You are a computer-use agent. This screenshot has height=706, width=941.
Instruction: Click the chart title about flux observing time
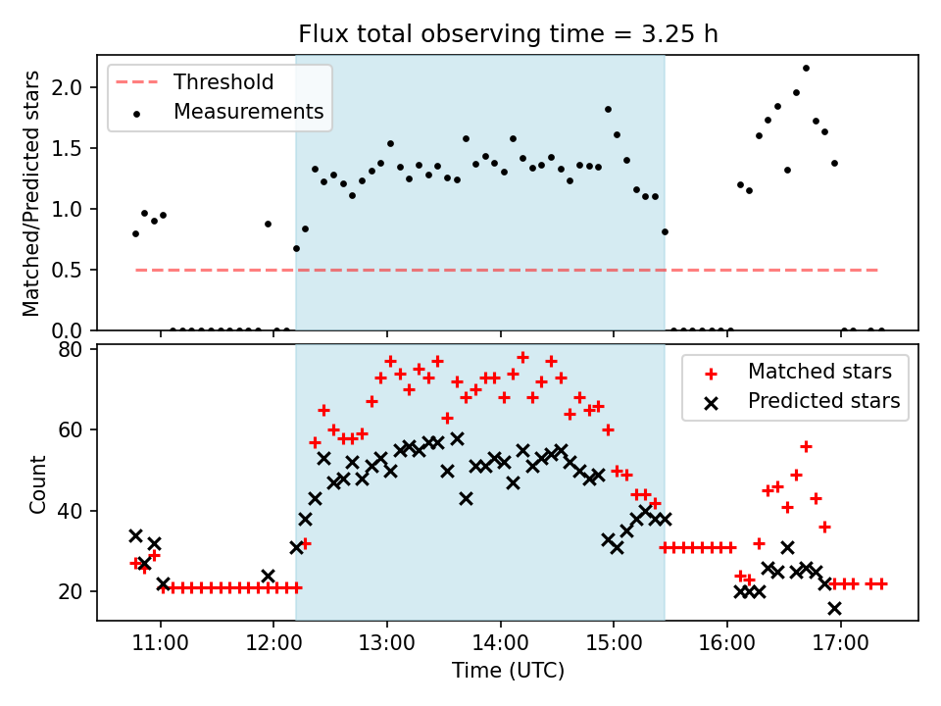click(508, 34)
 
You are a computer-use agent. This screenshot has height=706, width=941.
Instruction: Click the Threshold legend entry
click(223, 81)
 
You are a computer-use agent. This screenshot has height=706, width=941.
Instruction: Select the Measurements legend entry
click(248, 112)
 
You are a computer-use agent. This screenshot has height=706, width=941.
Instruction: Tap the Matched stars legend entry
click(819, 372)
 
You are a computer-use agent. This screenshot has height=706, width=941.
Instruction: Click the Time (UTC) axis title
click(508, 672)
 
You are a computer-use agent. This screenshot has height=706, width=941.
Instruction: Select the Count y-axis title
click(38, 483)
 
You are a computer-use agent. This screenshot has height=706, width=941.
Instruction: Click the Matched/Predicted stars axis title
click(32, 193)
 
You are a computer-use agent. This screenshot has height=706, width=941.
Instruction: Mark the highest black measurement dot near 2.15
click(806, 69)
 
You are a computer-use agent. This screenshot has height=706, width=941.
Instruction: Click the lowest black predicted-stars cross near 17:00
click(834, 608)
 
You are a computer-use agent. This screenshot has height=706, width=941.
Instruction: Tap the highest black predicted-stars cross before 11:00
click(135, 535)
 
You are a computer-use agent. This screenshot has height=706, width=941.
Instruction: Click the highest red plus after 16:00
click(806, 446)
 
